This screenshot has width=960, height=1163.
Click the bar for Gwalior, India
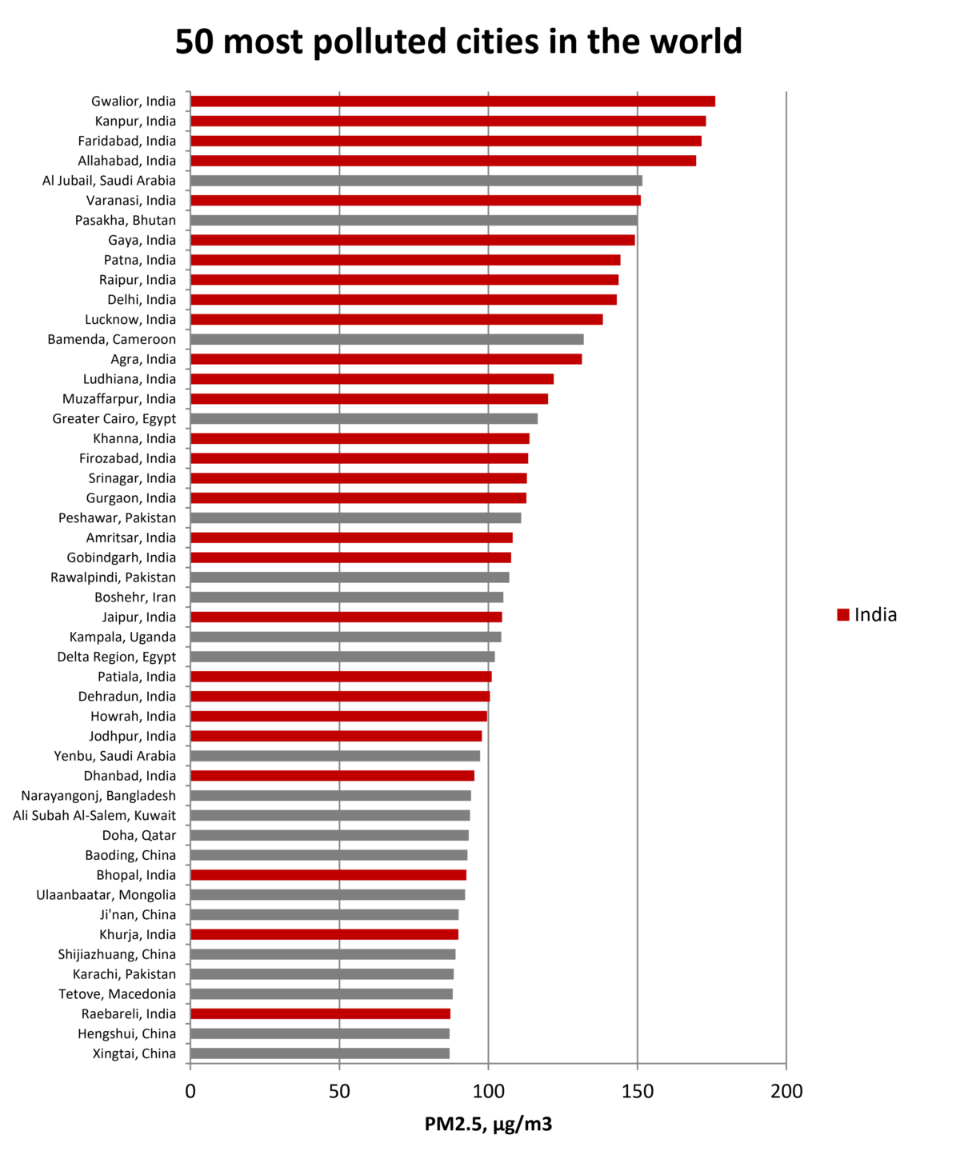pos(452,101)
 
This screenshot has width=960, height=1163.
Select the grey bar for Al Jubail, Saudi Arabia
pos(416,181)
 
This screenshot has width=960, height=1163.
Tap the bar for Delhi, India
pos(403,299)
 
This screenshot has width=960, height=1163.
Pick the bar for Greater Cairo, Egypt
pos(364,418)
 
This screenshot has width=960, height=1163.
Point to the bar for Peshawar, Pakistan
pos(355,518)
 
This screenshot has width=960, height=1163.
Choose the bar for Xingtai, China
pos(320,1053)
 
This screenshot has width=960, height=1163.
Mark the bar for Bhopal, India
pos(328,875)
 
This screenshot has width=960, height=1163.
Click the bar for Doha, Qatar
pos(330,835)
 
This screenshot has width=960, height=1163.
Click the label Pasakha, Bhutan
pos(126,220)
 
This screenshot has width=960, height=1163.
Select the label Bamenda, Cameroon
pos(112,339)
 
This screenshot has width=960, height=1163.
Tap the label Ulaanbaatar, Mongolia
pos(106,895)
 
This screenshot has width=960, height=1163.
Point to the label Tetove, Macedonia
pos(117,994)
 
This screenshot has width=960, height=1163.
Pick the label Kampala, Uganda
pos(122,637)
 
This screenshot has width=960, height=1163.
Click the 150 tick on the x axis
pos(638,1091)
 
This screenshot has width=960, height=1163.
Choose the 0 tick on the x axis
pos(190,1091)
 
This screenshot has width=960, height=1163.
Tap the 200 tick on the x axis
pos(786,1091)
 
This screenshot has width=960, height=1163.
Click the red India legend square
pos(843,614)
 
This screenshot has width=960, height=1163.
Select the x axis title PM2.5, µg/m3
pos(488,1125)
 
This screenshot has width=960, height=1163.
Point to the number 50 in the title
pos(194,42)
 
